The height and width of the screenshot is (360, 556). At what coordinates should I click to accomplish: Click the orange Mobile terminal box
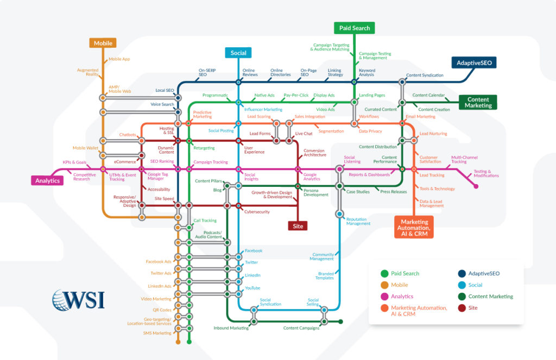(x=103, y=43)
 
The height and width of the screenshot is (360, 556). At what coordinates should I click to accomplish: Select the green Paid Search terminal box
(x=354, y=28)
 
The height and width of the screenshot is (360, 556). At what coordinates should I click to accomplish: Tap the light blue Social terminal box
(x=238, y=53)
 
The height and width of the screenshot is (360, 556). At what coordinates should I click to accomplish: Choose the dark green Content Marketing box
(x=478, y=103)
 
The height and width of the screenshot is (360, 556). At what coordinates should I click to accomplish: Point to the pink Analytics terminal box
(x=47, y=180)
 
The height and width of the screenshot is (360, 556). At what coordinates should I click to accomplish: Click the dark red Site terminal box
(x=298, y=225)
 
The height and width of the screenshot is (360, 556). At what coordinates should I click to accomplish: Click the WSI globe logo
(x=61, y=300)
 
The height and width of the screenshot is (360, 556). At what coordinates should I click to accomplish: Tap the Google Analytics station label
(x=312, y=176)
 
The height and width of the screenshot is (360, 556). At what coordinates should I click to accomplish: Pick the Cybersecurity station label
(x=257, y=212)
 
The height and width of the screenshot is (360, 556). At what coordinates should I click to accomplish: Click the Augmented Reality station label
(x=87, y=72)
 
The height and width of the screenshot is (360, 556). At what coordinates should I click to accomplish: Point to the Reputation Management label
(x=358, y=221)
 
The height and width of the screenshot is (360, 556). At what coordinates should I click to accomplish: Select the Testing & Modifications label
(x=486, y=174)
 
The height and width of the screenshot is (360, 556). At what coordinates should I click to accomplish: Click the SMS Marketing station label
(x=157, y=333)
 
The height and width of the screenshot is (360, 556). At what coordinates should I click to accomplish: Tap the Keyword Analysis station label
(x=367, y=72)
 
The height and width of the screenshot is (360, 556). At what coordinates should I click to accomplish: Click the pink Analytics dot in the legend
(x=384, y=296)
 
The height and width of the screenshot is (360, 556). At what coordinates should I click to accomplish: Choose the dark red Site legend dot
(x=462, y=308)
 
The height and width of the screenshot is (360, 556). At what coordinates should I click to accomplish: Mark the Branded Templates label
(x=326, y=275)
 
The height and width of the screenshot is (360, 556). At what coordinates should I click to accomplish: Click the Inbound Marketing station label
(x=231, y=328)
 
